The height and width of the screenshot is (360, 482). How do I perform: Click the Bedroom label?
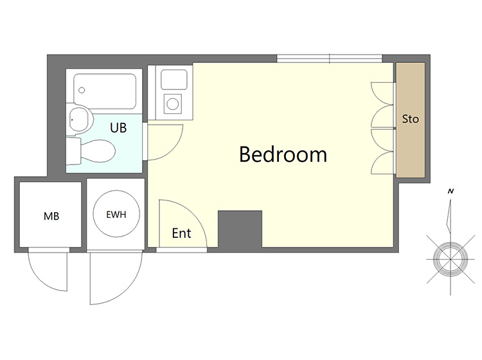point(283,154)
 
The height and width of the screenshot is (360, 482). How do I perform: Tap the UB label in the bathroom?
point(118,127)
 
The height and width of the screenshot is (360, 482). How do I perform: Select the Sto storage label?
point(411,119)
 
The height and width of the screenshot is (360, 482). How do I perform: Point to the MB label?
point(51,216)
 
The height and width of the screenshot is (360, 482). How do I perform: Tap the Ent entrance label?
point(181,233)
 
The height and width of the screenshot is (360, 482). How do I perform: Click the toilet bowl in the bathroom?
point(98,151)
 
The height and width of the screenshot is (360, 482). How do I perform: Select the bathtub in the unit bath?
point(105,91)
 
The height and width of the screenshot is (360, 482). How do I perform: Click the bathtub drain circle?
point(82,90)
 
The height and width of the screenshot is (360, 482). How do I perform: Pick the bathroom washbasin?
point(80,120)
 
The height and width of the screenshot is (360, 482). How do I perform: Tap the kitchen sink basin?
point(174,79)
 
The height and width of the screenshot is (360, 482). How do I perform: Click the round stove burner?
point(173,104)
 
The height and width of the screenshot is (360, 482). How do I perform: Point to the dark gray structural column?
point(240,229)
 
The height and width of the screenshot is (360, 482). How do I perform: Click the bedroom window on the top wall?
point(330,59)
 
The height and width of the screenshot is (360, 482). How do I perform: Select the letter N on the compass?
point(451,191)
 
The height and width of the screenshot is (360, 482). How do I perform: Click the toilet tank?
point(73,151)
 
